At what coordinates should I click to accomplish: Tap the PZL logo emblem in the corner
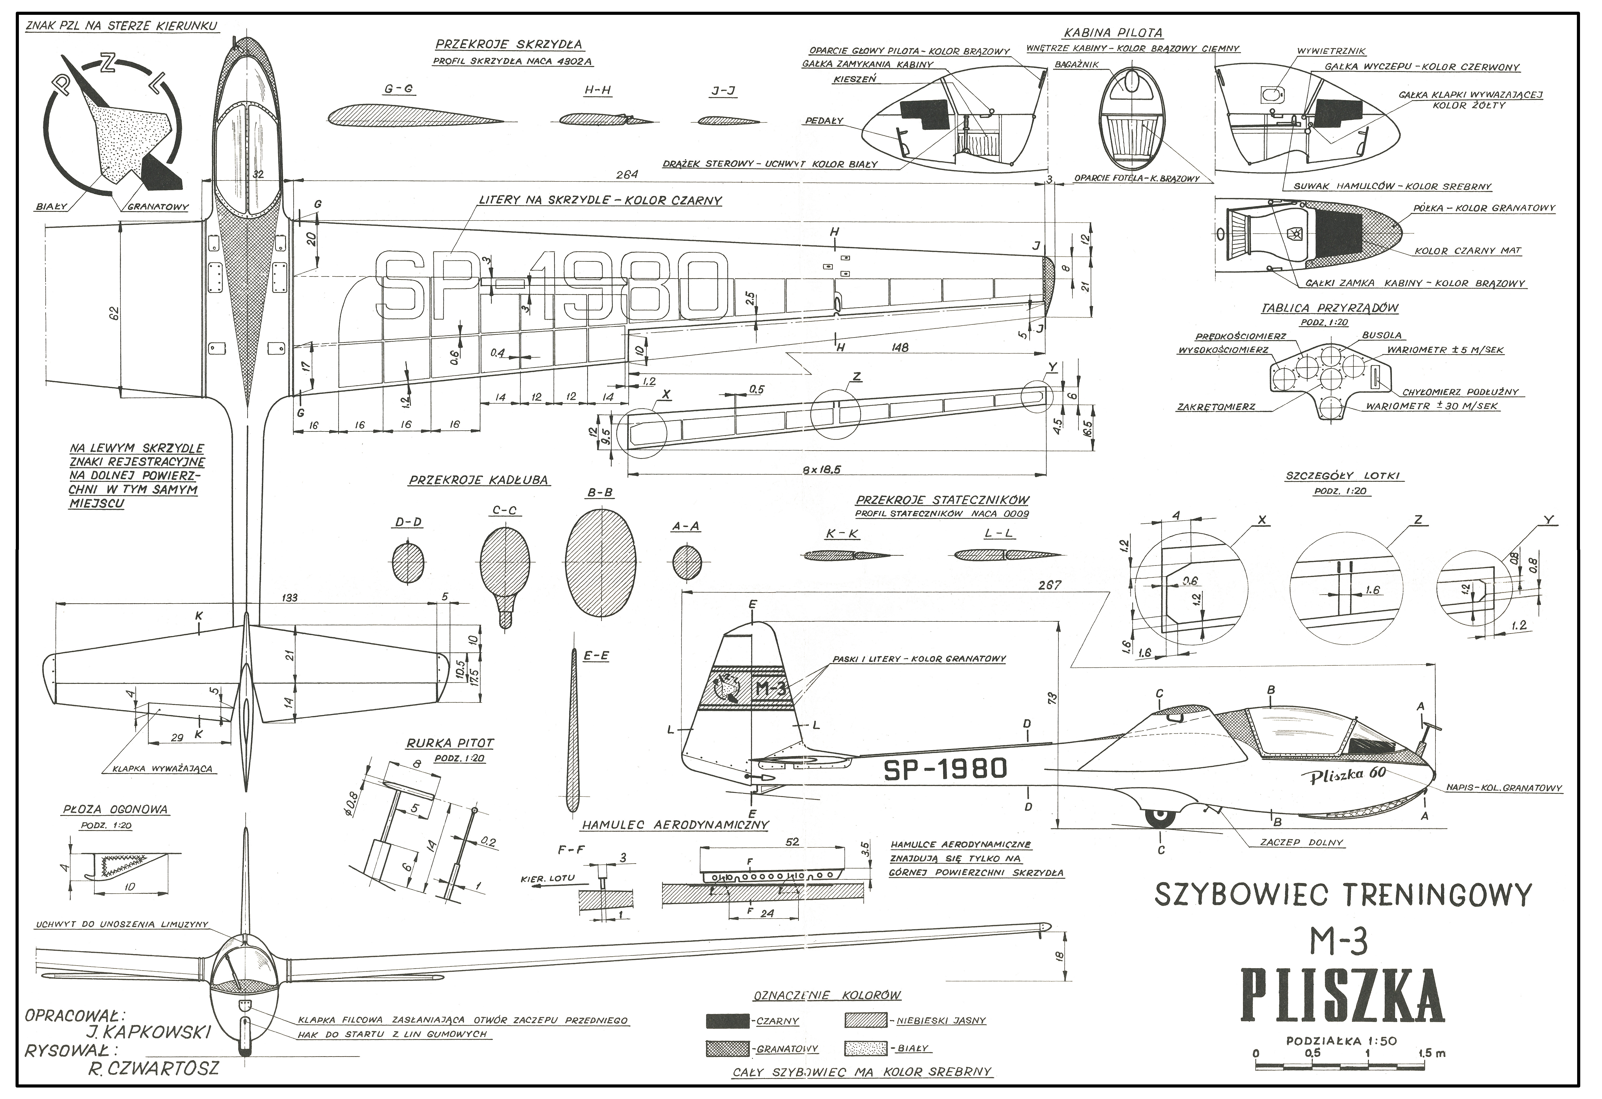click(114, 127)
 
